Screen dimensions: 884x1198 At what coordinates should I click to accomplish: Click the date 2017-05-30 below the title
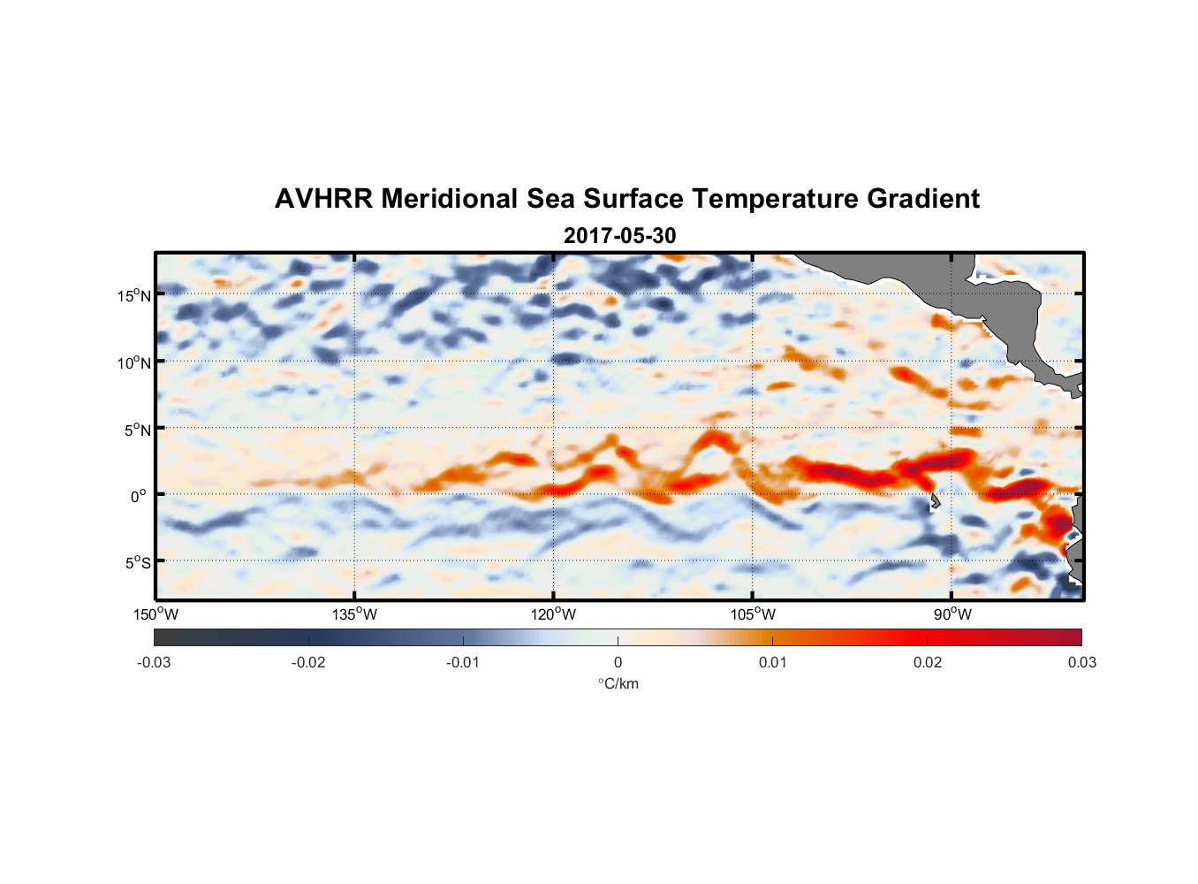point(619,236)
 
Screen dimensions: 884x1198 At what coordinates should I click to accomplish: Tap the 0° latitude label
point(140,496)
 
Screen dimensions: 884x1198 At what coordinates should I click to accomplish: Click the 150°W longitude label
point(156,614)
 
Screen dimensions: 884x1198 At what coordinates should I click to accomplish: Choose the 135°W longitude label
point(355,614)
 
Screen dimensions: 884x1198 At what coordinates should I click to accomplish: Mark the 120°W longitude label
point(554,614)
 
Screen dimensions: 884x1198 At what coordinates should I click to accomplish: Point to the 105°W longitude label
point(753,614)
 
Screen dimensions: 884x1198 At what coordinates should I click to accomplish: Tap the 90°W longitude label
point(952,614)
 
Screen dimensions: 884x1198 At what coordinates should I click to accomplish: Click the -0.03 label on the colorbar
point(154,662)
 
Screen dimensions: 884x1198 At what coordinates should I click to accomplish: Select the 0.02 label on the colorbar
point(927,662)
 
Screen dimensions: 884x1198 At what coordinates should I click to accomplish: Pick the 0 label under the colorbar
point(618,662)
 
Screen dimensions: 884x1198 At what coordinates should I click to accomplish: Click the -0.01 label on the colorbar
point(463,662)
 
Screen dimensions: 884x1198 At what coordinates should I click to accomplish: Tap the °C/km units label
point(618,683)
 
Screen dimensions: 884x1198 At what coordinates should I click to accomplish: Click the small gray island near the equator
point(935,502)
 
